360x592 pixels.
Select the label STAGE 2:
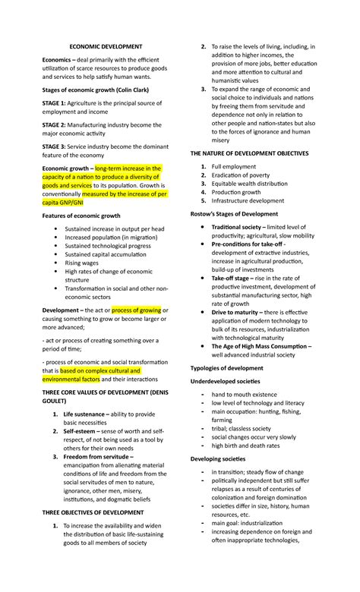[x=55, y=123]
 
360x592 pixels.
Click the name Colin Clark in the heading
[x=149, y=90]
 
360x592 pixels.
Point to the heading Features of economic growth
[x=81, y=216]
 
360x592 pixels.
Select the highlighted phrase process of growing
[x=137, y=310]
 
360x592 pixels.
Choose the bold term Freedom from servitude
[x=98, y=458]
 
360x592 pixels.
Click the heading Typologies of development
[x=226, y=368]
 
